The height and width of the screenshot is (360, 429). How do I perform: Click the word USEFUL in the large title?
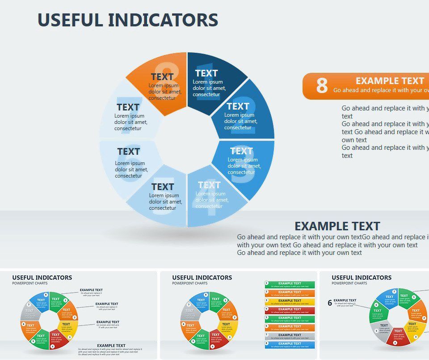coord(70,20)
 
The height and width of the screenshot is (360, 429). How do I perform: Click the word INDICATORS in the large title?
coord(163,20)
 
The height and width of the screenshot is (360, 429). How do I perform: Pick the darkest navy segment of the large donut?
coord(214,80)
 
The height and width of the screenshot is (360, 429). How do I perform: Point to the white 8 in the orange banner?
coord(322,86)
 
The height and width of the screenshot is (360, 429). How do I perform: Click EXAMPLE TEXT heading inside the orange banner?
coord(390,81)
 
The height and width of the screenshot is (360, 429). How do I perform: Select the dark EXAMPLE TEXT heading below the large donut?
coord(337,226)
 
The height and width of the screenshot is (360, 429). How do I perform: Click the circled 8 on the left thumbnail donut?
coord(46,295)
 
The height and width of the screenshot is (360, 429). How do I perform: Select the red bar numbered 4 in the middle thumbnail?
coord(290,309)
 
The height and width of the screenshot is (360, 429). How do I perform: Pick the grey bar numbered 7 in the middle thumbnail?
coord(290,335)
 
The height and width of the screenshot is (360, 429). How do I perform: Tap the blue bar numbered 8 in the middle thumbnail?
coord(290,344)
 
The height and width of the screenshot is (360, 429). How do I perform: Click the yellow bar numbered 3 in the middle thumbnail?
coord(290,301)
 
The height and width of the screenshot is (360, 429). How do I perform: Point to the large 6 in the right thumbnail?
coord(330,303)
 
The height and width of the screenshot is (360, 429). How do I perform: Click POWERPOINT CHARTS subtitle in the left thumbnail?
coord(29,284)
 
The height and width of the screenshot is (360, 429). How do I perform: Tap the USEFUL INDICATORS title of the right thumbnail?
coord(362,278)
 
